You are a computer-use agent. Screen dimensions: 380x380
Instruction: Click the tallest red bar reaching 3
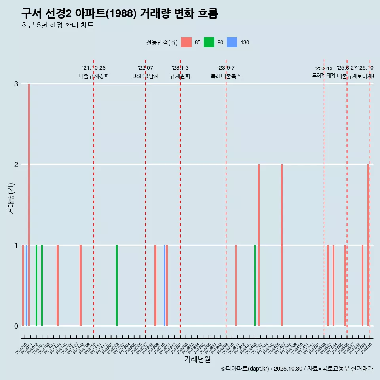pos(29,204)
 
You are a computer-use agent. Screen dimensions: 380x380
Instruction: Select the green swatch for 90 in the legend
pos(209,42)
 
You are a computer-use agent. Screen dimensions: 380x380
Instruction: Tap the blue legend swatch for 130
pos(232,42)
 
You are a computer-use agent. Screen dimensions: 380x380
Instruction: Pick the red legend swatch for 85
pos(186,42)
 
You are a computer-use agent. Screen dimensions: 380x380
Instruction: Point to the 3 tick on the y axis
pos(16,84)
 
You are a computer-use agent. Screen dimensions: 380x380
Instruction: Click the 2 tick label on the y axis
pos(16,165)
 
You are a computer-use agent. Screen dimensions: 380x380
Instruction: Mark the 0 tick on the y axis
pos(16,326)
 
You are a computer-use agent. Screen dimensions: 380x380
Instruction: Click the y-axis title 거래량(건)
pos(11,198)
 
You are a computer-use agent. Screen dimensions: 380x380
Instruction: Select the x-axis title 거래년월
pos(197,359)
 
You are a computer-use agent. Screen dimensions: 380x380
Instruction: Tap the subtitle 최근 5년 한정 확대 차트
pos(58,25)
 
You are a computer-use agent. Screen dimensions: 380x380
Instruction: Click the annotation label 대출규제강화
pos(94,76)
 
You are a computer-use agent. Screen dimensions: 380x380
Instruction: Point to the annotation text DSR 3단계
pos(146,76)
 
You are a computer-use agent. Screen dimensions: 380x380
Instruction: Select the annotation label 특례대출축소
pos(226,76)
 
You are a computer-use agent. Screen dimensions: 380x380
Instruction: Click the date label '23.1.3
pos(180,68)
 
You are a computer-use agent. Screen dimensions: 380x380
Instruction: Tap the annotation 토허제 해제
pos(324,75)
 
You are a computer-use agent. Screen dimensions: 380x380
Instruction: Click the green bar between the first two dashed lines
pos(117,285)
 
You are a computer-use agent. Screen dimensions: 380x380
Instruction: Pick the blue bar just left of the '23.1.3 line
pos(165,285)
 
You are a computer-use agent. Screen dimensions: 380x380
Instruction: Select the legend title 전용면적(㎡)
pos(162,42)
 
